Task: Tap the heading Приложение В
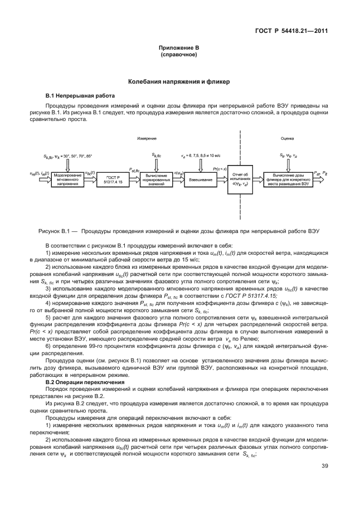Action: (x=179, y=50)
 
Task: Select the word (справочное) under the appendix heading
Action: (x=179, y=56)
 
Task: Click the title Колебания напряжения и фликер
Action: (x=179, y=81)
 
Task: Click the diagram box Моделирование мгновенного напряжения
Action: (x=67, y=179)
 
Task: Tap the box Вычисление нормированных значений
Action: (x=157, y=179)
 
